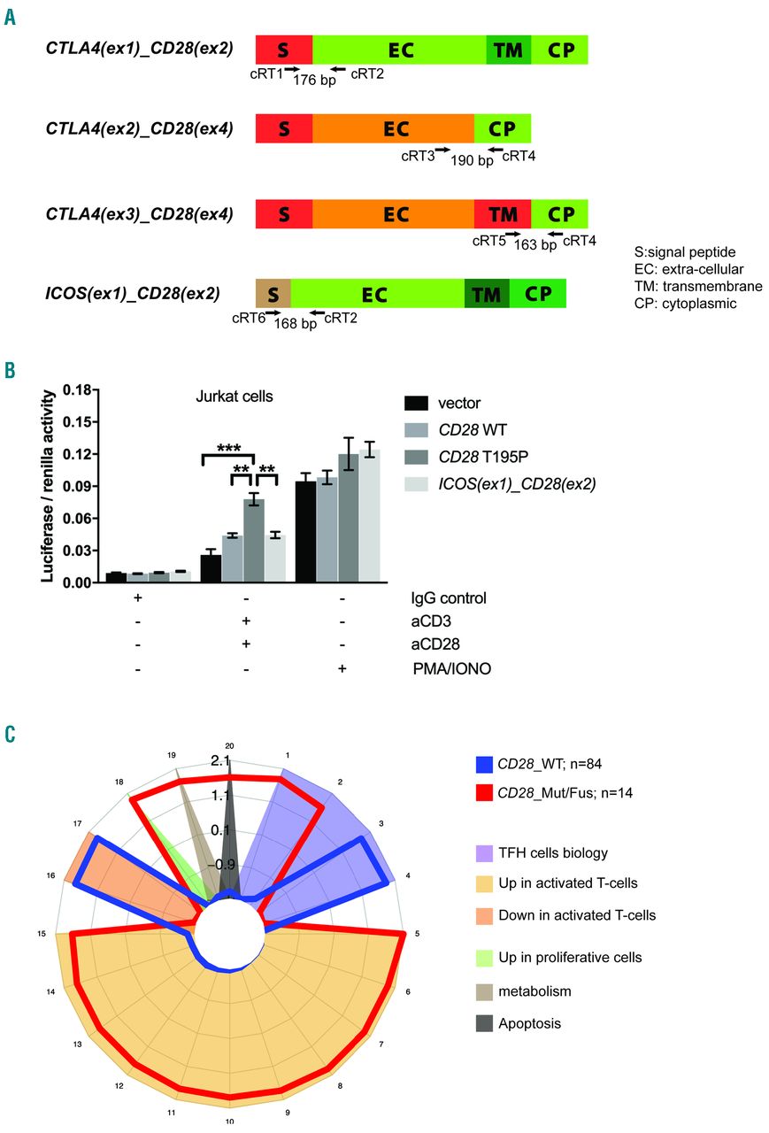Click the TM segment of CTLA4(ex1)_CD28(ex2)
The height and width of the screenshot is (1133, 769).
[508, 50]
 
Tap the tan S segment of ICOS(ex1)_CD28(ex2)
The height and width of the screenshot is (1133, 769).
[273, 293]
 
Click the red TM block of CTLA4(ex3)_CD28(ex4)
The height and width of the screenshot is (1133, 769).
[503, 213]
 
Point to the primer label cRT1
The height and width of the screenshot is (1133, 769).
[267, 74]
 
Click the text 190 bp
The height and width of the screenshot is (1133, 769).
[472, 161]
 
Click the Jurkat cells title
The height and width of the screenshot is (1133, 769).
[234, 397]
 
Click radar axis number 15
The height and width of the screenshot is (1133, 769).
[41, 934]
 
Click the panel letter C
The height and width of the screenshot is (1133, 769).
[10, 734]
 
